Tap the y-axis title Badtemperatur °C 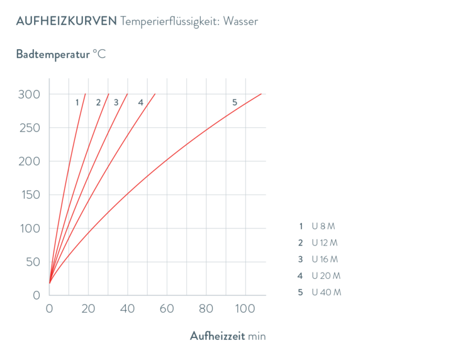tap(60, 54)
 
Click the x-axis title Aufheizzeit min tap(228, 336)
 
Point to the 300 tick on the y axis tap(28, 94)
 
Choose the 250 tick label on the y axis tap(28, 128)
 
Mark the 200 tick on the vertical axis tap(28, 161)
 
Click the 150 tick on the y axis tap(28, 194)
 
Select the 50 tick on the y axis tap(31, 261)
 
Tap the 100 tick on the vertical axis tap(28, 228)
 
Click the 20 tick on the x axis tap(88, 309)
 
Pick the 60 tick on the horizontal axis tap(166, 309)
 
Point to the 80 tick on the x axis tap(205, 309)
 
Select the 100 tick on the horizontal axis tap(244, 309)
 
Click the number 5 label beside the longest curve tap(235, 102)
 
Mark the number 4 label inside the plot tap(140, 102)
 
